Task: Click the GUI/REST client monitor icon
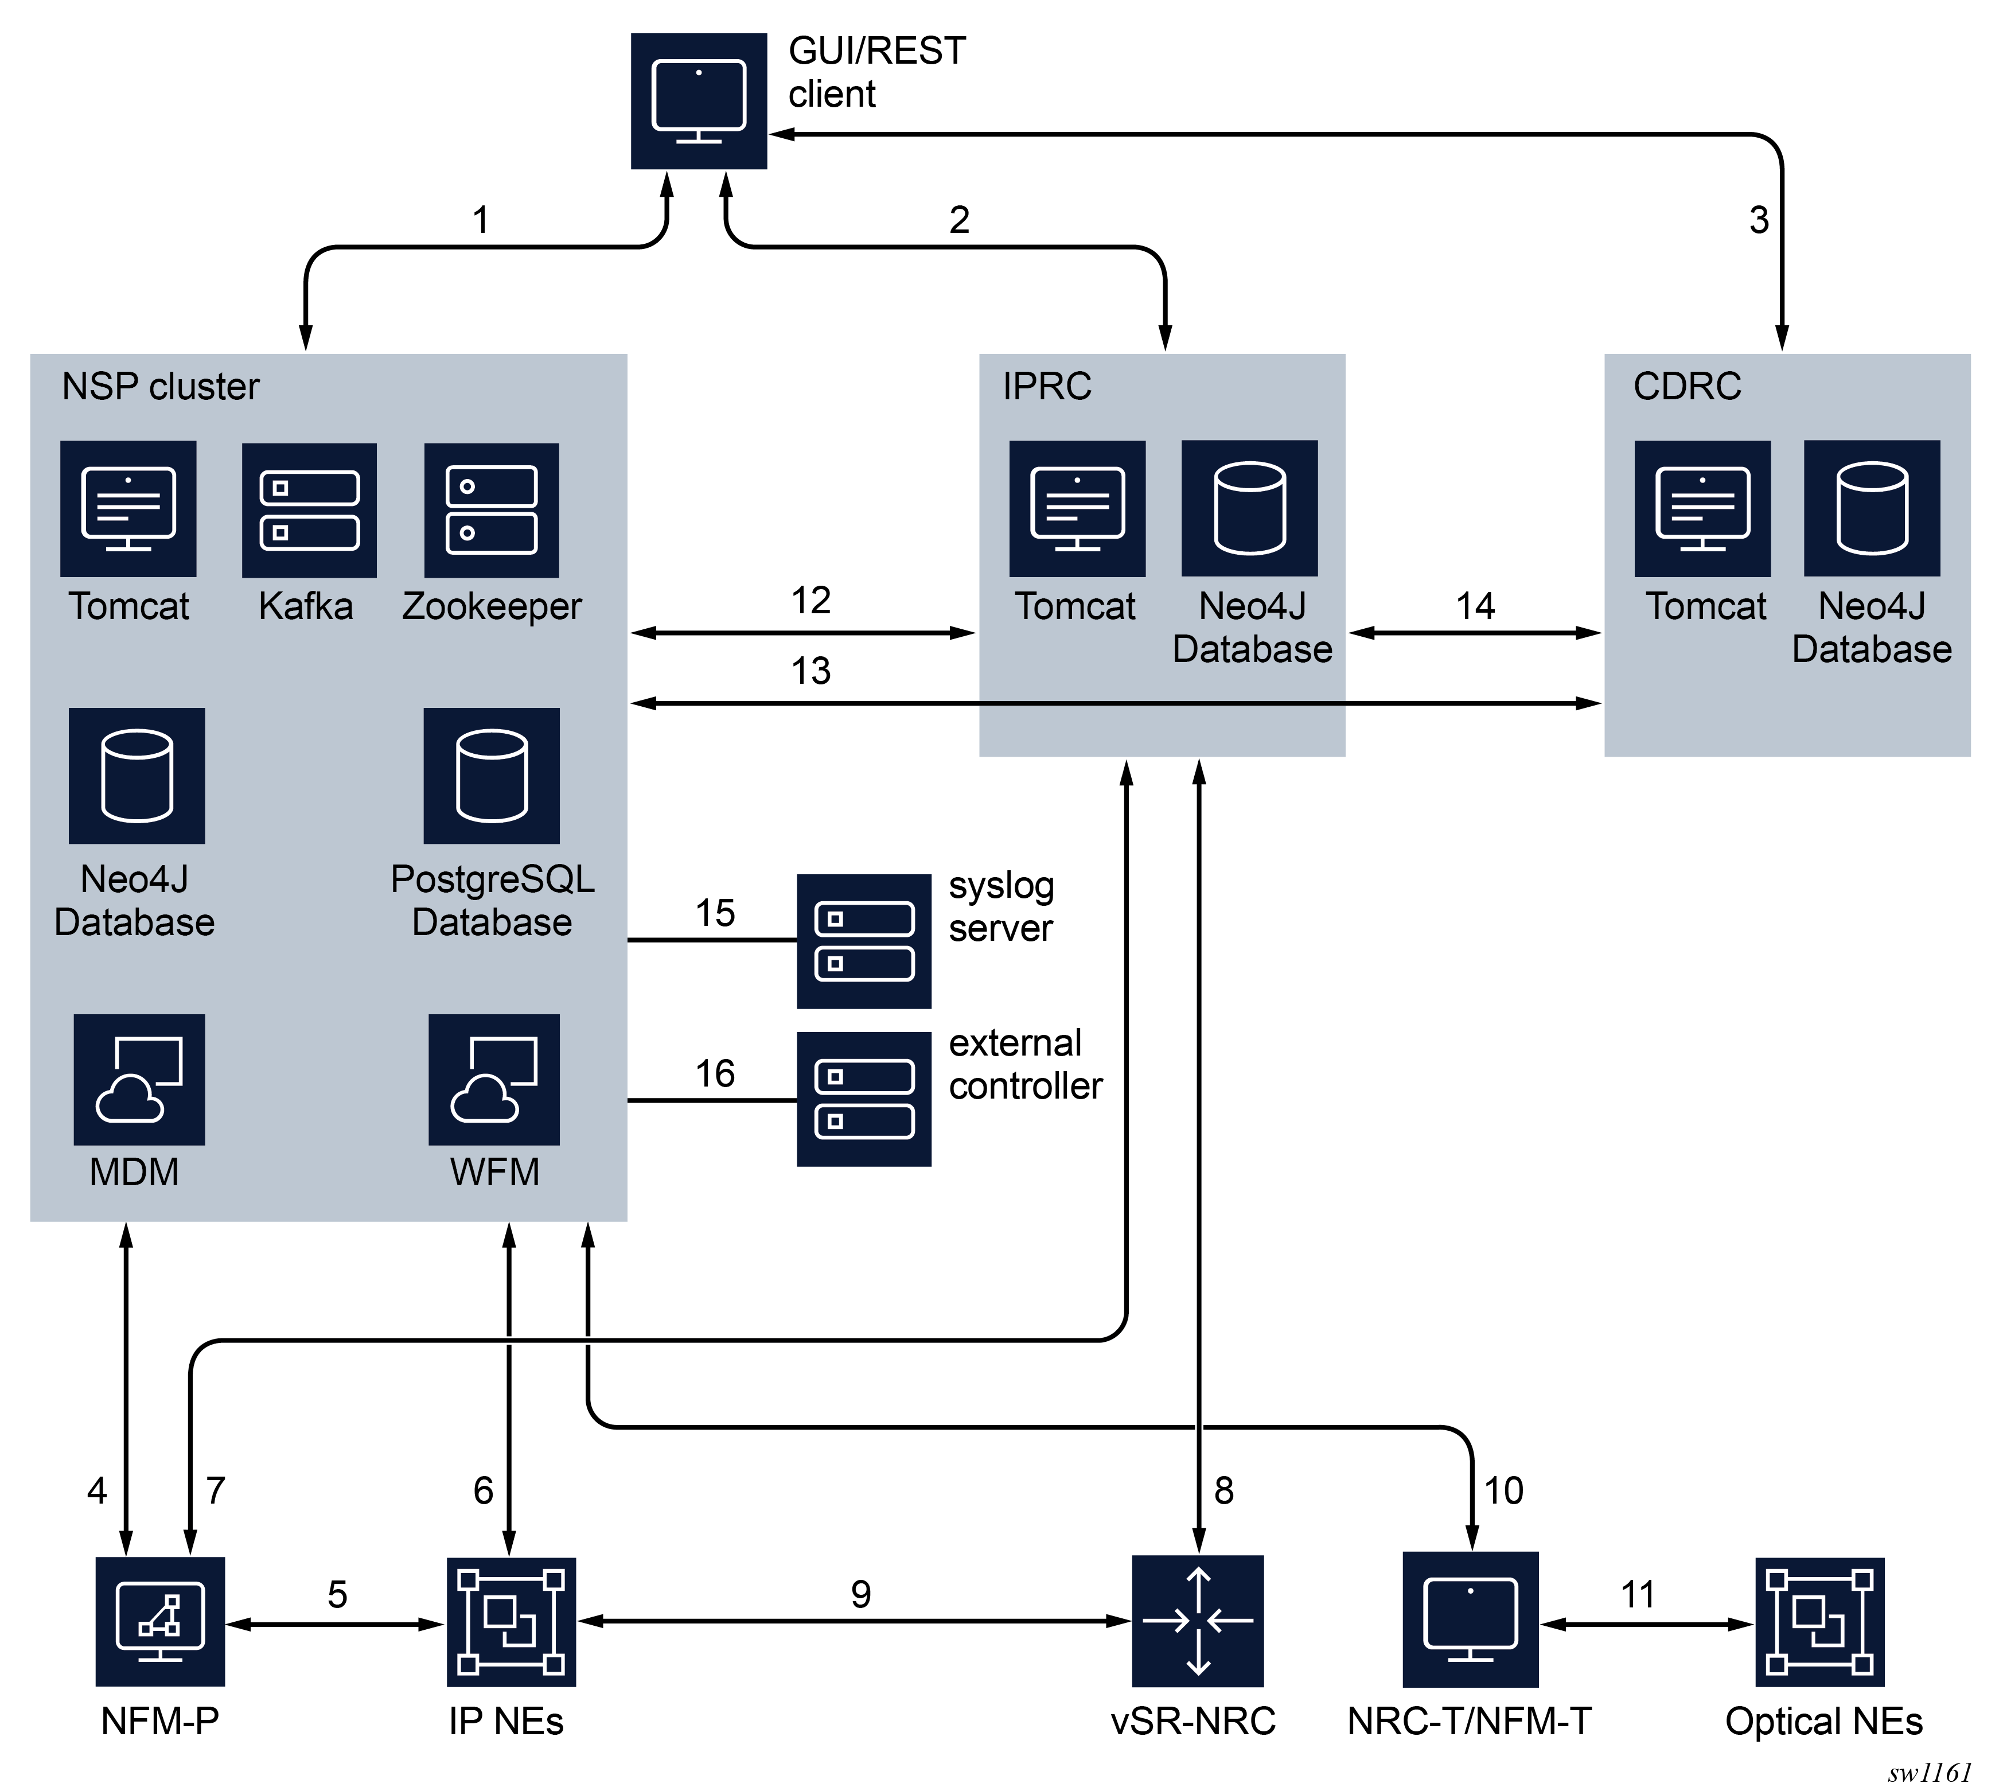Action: pos(699,102)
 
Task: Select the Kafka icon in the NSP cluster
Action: pos(309,510)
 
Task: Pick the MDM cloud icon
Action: pos(139,1080)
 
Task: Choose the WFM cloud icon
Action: pos(494,1080)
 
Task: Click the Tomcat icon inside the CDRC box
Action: pos(1702,509)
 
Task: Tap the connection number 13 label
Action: pos(810,671)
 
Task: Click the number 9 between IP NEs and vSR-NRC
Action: pos(861,1594)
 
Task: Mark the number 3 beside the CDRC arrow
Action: pos(1759,220)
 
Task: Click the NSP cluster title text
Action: pos(161,387)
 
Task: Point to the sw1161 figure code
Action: pos(1929,1772)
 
